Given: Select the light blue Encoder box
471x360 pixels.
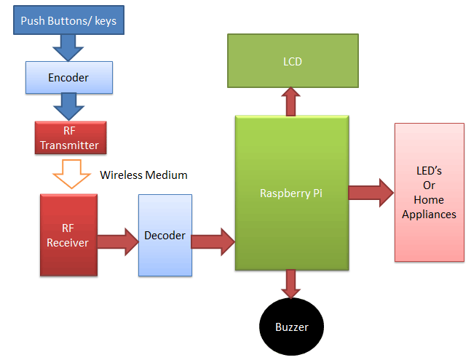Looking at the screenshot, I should (x=69, y=77).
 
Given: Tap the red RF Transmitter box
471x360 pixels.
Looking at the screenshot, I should (x=69, y=138).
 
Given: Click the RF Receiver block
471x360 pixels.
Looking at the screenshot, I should (x=68, y=235).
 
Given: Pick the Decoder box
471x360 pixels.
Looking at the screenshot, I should (x=165, y=235).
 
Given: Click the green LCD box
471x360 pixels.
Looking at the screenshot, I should (x=293, y=62).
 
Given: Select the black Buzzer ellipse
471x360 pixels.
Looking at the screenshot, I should (x=291, y=327).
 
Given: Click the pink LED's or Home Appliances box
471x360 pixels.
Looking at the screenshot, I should (x=429, y=192).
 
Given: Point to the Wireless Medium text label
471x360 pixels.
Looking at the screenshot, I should (x=143, y=175).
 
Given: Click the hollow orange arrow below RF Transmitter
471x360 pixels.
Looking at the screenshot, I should (x=69, y=174).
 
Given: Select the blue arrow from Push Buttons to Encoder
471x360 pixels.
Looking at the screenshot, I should (x=69, y=48).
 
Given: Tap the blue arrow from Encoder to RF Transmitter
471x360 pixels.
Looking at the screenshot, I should (x=69, y=108).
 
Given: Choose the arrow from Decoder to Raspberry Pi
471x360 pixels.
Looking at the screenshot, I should (x=213, y=239).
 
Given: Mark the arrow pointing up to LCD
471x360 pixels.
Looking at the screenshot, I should (x=291, y=102).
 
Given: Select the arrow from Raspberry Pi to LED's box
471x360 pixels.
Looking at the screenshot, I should (x=371, y=193).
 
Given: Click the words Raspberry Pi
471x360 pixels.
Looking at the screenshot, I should (x=291, y=193).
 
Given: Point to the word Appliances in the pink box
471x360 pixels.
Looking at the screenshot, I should (x=429, y=215).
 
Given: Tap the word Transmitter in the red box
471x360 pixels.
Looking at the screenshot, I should (x=69, y=145).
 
